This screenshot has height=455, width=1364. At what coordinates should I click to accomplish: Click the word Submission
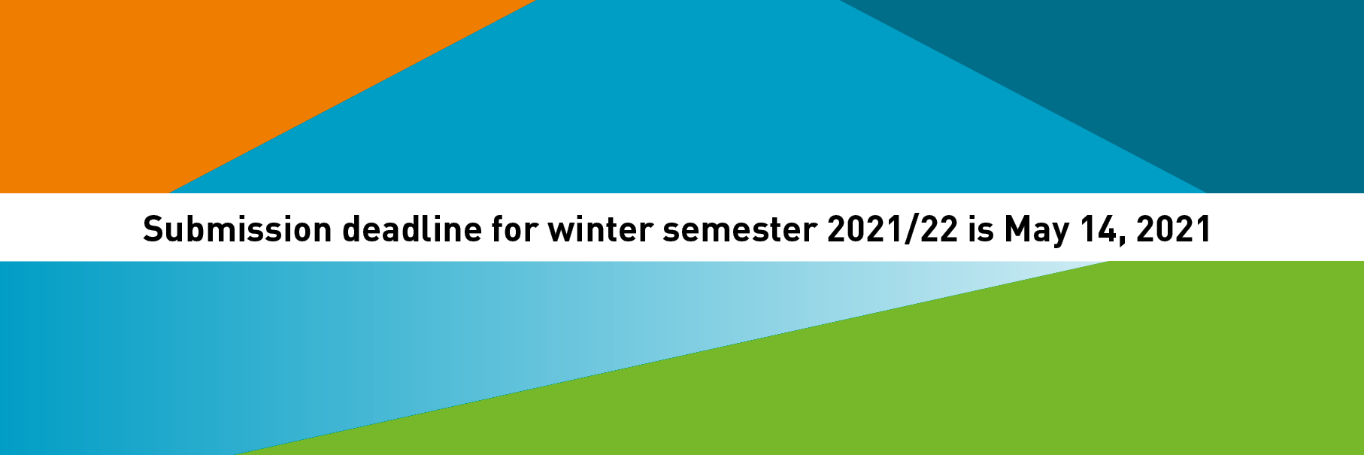pos(237,229)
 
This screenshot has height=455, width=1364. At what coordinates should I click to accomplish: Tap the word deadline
pos(412,229)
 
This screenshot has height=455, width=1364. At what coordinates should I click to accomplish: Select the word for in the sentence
pos(515,229)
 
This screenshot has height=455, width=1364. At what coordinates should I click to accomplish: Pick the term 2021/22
pos(893,229)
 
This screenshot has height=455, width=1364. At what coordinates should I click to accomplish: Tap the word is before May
pos(981,229)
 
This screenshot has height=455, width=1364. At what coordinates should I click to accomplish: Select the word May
pos(1037,232)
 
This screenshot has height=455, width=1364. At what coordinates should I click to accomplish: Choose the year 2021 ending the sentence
pos(1174,229)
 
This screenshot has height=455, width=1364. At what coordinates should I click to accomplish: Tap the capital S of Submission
pos(153,229)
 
